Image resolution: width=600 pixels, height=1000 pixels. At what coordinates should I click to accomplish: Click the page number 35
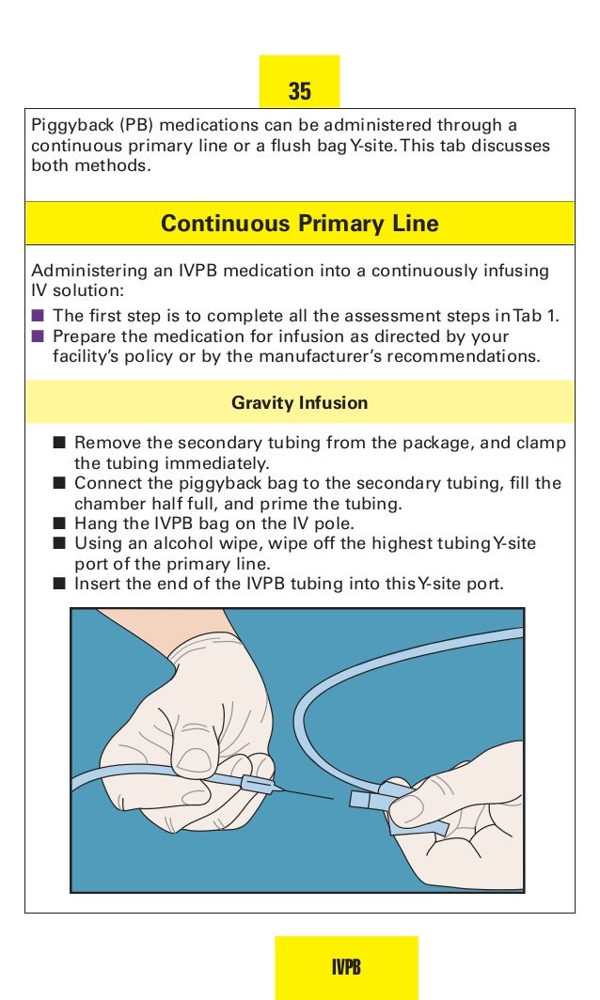[x=299, y=91]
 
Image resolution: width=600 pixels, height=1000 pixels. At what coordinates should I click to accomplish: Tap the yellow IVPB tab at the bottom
[x=346, y=968]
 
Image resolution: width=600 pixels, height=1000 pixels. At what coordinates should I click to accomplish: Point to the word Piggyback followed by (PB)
[x=69, y=125]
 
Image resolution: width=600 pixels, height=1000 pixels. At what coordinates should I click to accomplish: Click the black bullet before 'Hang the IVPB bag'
[x=59, y=523]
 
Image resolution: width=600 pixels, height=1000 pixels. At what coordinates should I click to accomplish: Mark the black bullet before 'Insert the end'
[x=59, y=585]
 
